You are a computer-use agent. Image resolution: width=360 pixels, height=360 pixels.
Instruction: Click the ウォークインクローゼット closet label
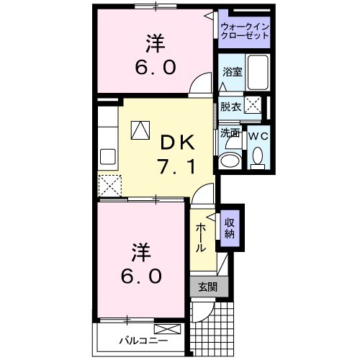pos(245,32)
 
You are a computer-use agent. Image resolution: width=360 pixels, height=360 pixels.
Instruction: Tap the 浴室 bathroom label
pos(232,72)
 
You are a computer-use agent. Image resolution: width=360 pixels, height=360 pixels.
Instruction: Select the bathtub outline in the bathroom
pos(256,76)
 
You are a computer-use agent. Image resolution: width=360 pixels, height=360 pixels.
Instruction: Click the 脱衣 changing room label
pos(230,107)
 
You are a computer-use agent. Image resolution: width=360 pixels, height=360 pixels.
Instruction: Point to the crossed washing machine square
pos(253,105)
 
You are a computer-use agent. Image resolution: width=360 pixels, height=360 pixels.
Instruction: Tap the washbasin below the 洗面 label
pos(232,160)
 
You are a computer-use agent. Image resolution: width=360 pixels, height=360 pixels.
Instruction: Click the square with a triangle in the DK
pos(140,130)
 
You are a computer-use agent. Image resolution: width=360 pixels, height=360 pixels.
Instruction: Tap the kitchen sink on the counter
pos(109,156)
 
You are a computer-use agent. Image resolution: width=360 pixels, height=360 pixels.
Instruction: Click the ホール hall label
pos(202,236)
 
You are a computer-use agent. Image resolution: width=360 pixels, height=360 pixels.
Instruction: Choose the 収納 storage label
pos(230,228)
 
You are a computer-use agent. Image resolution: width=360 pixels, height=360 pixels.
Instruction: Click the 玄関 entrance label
pos(207,287)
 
